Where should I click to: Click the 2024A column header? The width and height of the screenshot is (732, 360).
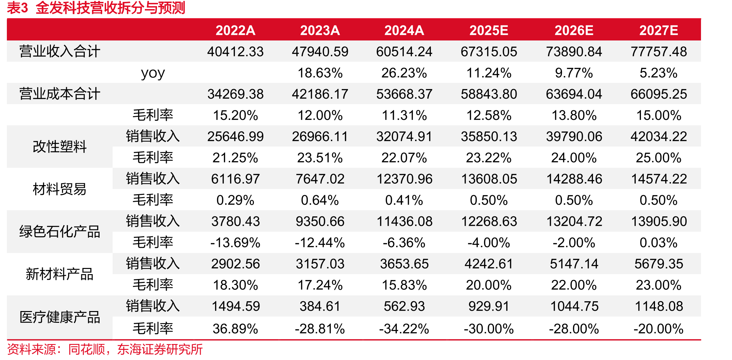[x=404, y=30]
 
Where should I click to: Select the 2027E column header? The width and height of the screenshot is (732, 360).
[x=659, y=30]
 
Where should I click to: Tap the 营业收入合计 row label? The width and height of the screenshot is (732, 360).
[x=59, y=52]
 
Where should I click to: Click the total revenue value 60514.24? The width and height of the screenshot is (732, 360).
[x=404, y=52]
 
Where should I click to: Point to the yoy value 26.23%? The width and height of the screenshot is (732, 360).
[x=404, y=73]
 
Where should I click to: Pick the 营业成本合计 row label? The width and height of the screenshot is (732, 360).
[x=59, y=94]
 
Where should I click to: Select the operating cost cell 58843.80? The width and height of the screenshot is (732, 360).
[x=489, y=94]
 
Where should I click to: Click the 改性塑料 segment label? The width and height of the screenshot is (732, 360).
[x=60, y=147]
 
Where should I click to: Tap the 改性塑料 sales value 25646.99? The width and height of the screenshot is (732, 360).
[x=235, y=136]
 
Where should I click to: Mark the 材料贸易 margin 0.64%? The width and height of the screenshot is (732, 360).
[x=320, y=200]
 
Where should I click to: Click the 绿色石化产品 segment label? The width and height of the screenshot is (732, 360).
[x=59, y=232]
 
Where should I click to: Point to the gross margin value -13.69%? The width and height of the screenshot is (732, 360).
[x=235, y=243]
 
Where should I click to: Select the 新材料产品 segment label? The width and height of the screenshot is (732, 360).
[x=60, y=274]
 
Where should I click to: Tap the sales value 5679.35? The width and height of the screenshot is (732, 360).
[x=659, y=264]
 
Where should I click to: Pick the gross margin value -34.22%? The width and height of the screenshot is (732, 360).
[x=404, y=329]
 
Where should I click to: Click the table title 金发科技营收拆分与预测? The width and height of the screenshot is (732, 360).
[x=110, y=8]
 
